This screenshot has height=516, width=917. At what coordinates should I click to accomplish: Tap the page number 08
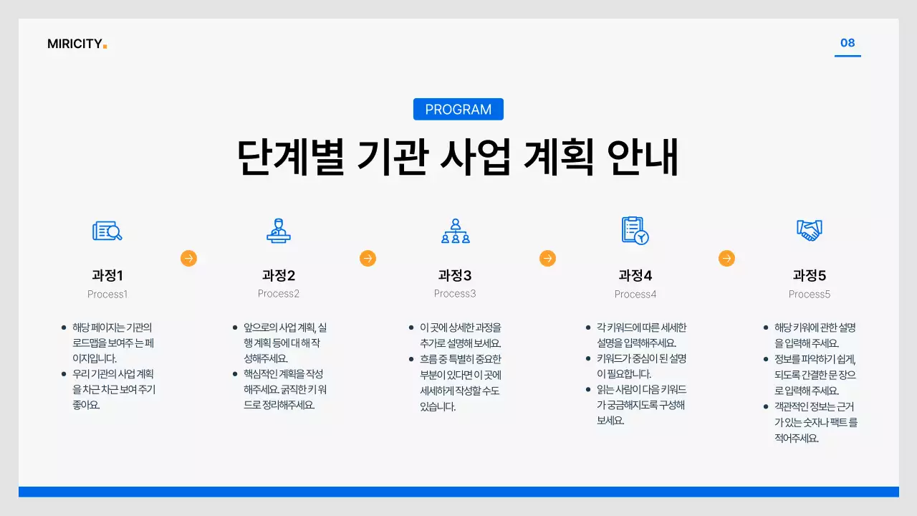848,43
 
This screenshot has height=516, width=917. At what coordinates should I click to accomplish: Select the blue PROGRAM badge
458,110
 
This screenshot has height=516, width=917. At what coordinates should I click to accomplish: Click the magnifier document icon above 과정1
107,231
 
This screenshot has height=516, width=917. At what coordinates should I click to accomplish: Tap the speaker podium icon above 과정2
278,231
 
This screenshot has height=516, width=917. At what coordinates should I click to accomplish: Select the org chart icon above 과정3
455,231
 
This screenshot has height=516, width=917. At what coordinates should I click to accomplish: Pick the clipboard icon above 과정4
635,231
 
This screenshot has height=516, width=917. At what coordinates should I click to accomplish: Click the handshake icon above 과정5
810,230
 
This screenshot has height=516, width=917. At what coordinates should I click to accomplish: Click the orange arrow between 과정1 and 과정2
188,258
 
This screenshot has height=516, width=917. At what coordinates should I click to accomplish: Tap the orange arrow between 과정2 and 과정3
368,258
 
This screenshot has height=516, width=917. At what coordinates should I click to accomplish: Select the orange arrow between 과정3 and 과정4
547,258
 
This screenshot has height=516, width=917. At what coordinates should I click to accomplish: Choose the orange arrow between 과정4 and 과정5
726,258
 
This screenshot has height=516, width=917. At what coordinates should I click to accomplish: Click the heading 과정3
455,276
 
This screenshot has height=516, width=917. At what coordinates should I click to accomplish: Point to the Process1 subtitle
107,294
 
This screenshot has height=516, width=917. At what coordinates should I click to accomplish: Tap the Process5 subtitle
810,294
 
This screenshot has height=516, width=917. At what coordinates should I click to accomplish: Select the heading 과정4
635,276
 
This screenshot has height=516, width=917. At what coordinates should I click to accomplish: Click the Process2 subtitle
279,294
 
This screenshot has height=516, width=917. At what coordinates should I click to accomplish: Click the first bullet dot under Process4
588,328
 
